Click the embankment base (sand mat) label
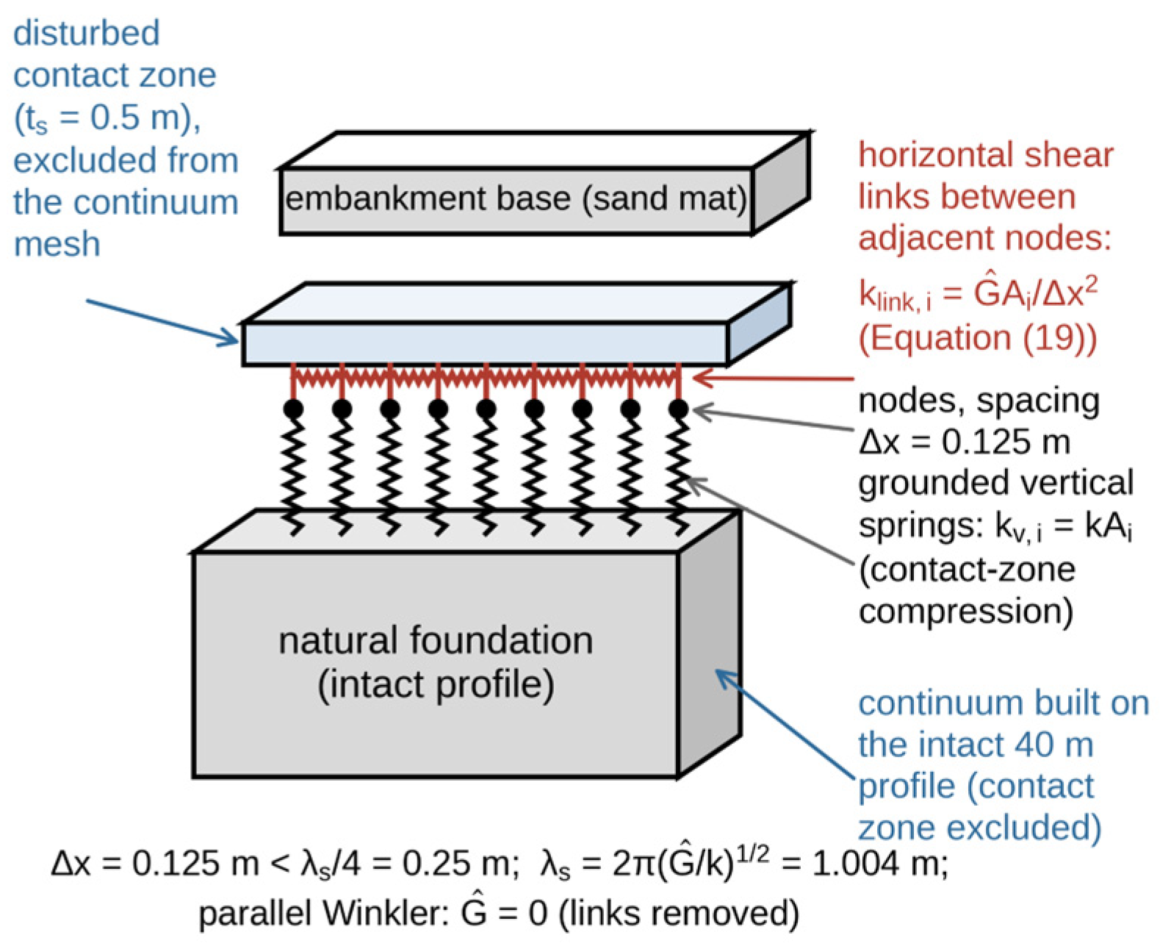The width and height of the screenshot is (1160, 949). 516,198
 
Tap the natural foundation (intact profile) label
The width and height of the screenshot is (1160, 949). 436,662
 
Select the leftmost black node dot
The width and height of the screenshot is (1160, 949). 293,409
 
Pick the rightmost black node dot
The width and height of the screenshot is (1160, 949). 679,409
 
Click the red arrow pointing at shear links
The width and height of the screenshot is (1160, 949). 773,378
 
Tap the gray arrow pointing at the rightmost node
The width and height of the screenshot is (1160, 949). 773,418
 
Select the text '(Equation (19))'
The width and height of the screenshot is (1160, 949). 977,338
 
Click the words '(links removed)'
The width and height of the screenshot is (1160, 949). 679,914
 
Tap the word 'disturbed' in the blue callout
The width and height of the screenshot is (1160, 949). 87,33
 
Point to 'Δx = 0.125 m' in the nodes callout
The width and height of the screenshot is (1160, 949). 965,442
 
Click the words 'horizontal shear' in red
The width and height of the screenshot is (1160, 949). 986,155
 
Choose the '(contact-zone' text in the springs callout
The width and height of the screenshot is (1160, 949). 967,569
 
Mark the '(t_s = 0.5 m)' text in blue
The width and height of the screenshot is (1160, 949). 107,118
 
